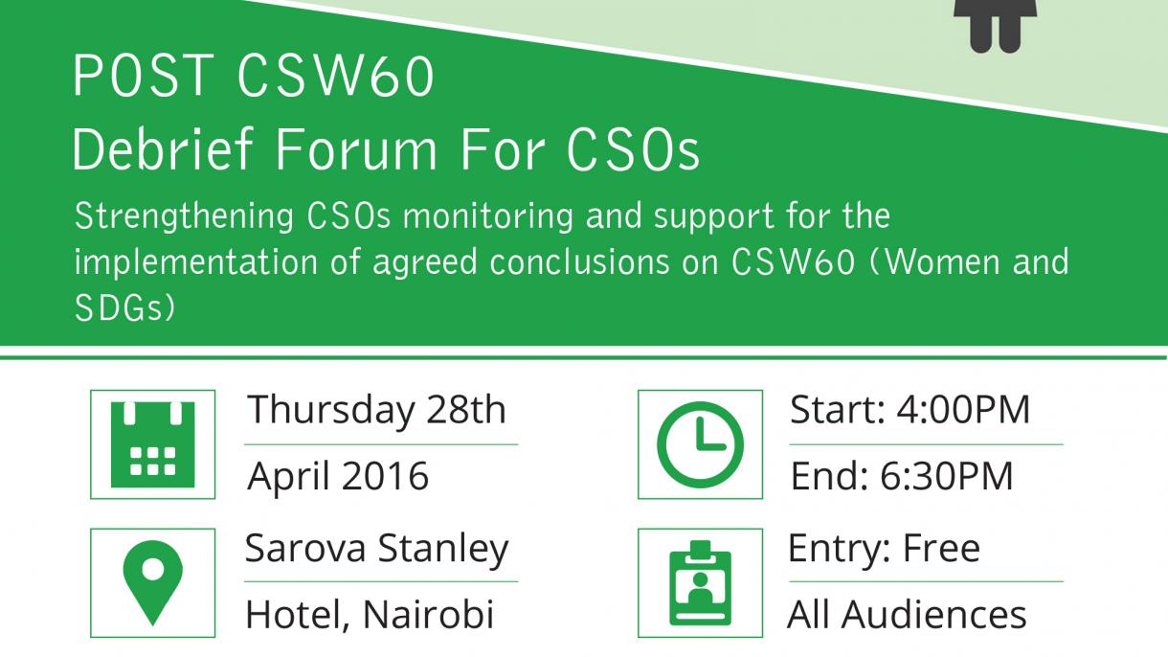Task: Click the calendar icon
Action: [152, 443]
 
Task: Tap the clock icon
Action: [700, 443]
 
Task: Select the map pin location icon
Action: [152, 582]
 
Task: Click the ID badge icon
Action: [700, 582]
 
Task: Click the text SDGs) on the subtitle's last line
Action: [125, 307]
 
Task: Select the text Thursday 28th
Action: [376, 411]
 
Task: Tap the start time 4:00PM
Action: [963, 411]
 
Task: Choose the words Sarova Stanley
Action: [376, 549]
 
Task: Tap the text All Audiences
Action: [907, 614]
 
